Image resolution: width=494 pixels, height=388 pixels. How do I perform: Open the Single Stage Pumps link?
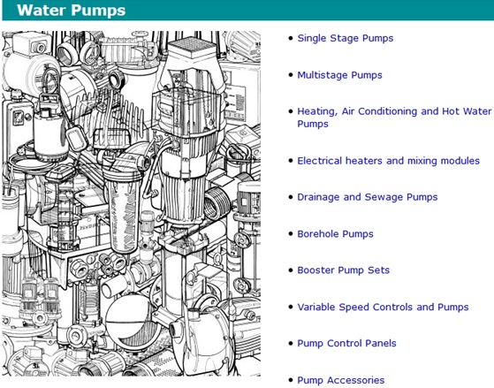coord(346,38)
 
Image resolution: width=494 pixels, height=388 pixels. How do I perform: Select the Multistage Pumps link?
coord(339,75)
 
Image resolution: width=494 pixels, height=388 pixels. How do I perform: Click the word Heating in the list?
coord(317,111)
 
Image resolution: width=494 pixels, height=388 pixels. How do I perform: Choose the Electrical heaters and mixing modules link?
coord(389,161)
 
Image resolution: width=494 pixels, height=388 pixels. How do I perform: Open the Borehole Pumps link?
coord(335,234)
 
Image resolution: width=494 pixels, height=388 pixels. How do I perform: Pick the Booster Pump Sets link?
coord(344,270)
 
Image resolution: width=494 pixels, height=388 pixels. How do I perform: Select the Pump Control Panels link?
coord(346,343)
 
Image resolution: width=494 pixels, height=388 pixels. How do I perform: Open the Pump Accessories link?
coord(341,380)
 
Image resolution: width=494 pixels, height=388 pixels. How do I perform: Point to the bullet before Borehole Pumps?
coord(291,234)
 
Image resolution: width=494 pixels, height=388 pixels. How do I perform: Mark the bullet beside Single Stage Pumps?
coord(291,38)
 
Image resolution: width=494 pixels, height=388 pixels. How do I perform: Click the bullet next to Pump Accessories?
coord(291,380)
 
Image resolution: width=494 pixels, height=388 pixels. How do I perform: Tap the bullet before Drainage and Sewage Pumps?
coord(291,197)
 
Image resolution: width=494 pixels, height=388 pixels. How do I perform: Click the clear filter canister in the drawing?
coord(122,215)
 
